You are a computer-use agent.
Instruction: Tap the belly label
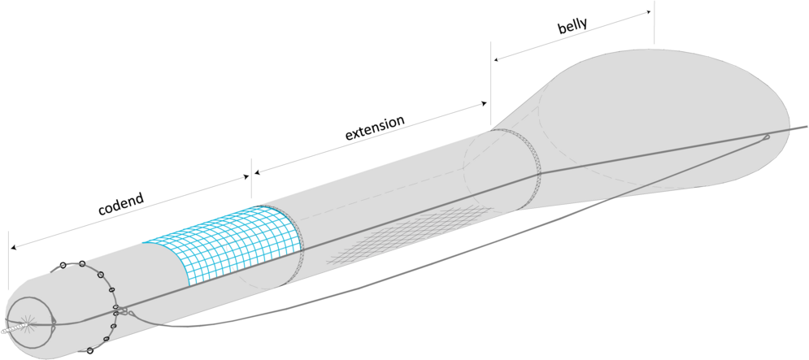(x=573, y=28)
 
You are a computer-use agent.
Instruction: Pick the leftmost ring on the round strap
(x=63, y=265)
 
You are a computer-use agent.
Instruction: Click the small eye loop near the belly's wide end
(x=766, y=137)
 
